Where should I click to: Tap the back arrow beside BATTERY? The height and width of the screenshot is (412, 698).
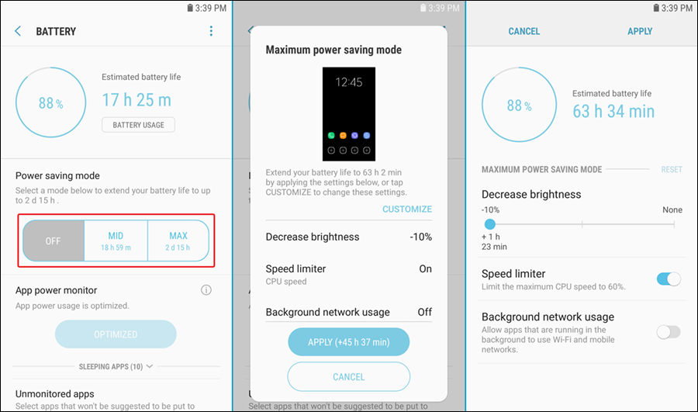(18, 31)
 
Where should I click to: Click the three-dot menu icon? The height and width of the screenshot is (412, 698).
(211, 31)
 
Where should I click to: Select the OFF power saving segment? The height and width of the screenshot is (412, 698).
(53, 241)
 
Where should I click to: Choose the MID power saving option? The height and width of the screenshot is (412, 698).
(116, 241)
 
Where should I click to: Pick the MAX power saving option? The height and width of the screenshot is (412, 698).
(178, 241)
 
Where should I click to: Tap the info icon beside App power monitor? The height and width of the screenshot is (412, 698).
(206, 290)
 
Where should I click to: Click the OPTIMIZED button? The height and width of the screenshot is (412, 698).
(116, 334)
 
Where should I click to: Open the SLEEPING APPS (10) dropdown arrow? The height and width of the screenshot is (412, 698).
(150, 366)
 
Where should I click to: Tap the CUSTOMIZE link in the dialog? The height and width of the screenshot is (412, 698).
(407, 209)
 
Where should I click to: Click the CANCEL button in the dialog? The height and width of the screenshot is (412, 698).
(348, 377)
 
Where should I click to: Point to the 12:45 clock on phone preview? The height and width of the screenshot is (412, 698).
(348, 82)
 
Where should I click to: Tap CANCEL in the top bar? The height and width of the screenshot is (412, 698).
(524, 31)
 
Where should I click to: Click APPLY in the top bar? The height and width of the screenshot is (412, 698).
(640, 31)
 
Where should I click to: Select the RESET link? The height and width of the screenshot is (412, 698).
(672, 169)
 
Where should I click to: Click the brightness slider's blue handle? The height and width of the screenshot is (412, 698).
(489, 224)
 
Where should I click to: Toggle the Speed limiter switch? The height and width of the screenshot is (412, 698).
(669, 279)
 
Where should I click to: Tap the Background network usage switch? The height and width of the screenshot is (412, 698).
(669, 332)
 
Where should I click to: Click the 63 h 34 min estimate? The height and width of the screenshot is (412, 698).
(613, 112)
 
